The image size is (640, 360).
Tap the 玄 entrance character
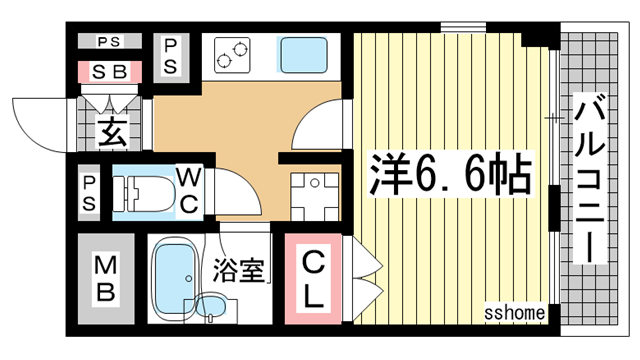point(109,131)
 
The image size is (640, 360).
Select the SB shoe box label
point(109,72)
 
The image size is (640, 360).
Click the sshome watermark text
point(517,312)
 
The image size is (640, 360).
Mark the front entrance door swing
point(40,120)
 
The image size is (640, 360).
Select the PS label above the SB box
point(109,42)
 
